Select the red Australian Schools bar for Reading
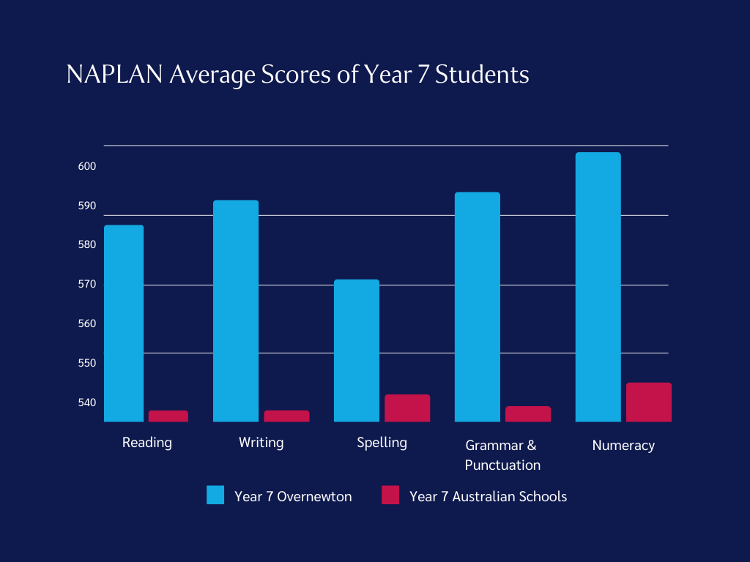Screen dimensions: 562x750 pos(168,416)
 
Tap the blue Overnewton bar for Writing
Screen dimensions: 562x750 pos(236,311)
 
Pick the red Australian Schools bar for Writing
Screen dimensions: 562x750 pos(286,416)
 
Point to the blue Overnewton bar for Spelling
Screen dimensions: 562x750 pos(357,351)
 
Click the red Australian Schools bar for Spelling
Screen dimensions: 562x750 pos(407,408)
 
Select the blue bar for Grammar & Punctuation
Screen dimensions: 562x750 pos(478,307)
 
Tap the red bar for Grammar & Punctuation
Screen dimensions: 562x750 pos(528,413)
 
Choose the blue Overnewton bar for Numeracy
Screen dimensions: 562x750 pos(598,287)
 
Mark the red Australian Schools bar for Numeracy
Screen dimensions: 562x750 pos(649,402)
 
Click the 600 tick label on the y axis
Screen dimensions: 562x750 pos(87,166)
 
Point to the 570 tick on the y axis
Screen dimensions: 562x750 pos(87,284)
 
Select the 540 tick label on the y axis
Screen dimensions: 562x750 pos(87,402)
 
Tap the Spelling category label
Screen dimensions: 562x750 pos(382,443)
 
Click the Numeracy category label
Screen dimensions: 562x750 pos(623,445)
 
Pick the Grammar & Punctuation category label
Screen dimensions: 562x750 pos(502,454)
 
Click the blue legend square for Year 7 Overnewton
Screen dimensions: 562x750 pos(215,495)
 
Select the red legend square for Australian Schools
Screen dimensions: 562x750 pos(390,495)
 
